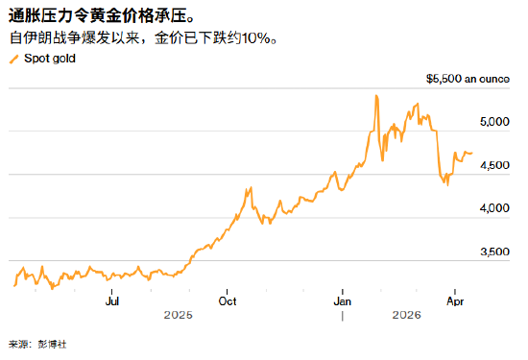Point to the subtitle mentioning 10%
[x=144, y=39]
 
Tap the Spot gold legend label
[x=50, y=59]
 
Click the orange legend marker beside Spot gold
[x=12, y=59]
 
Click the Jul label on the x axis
[x=112, y=300]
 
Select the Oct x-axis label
[x=228, y=300]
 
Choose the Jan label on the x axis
[x=343, y=300]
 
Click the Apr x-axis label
[x=457, y=300]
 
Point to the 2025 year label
[x=178, y=315]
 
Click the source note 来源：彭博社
[x=38, y=344]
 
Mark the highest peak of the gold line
[x=375, y=95]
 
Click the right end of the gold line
[x=471, y=152]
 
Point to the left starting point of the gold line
[x=13, y=285]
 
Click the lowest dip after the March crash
[x=446, y=184]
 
